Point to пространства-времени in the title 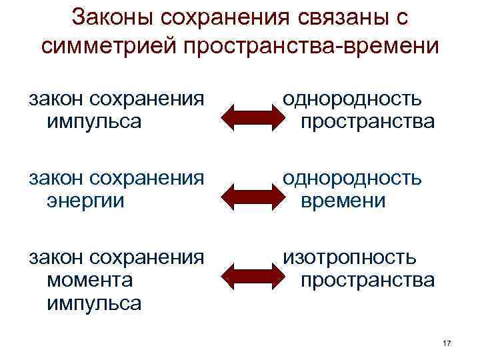314,46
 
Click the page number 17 447,343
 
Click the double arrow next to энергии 248,195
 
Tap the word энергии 85,201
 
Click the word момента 89,280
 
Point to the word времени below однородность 343,201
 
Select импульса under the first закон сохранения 94,122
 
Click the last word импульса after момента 94,303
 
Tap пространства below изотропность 367,280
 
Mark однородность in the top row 352,99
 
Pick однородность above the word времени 352,178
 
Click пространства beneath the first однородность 367,122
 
